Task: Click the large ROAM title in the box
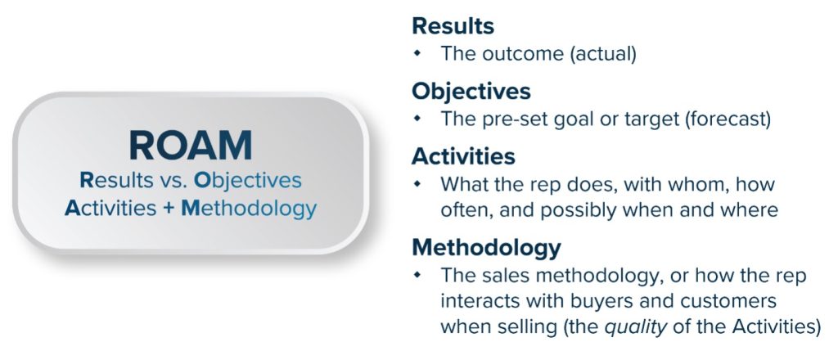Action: [x=190, y=146]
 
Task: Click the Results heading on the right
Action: [x=453, y=25]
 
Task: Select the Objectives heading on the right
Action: [x=471, y=91]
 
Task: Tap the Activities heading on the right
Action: [x=463, y=156]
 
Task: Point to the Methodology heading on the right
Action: [x=486, y=247]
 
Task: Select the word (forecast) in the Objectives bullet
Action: [x=728, y=119]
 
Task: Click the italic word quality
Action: [x=636, y=327]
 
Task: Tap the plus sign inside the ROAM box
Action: [x=169, y=208]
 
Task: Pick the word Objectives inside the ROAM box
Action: [x=247, y=181]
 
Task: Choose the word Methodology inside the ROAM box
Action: [x=249, y=209]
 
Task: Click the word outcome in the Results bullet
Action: [x=523, y=54]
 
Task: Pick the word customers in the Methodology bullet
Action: [x=728, y=301]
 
